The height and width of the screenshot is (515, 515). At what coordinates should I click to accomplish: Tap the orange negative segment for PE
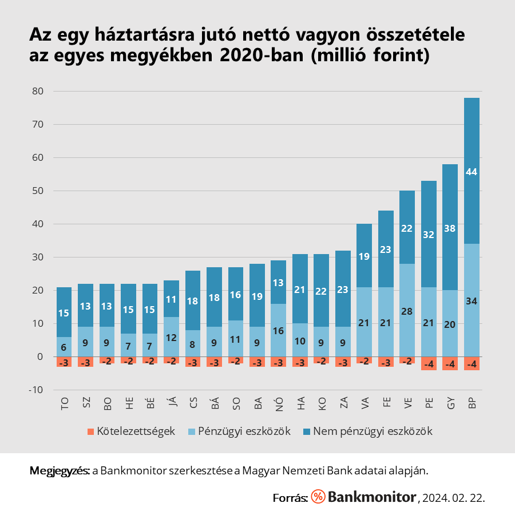429,363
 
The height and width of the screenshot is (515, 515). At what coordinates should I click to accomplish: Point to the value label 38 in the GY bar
450,228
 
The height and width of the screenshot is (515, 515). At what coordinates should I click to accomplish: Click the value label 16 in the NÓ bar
278,330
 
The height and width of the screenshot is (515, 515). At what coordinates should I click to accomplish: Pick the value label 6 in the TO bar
64,347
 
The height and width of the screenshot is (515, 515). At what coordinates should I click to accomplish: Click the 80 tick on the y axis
38,91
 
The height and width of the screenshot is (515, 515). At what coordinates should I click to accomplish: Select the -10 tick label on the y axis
36,390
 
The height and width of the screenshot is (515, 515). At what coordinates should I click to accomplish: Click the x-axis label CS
193,404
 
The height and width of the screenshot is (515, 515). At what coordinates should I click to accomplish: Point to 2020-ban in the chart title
253,56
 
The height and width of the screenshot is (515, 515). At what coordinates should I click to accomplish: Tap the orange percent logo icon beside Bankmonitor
318,497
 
